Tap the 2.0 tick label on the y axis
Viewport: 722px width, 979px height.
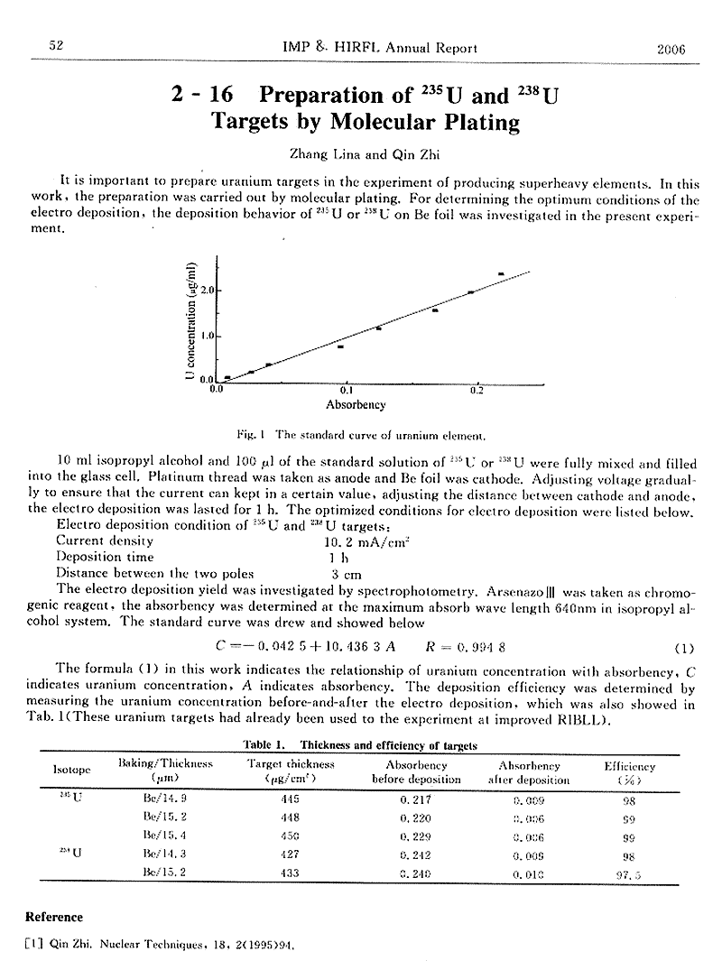(206, 291)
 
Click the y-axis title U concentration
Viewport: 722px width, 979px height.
(191, 320)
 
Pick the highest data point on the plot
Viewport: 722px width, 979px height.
(501, 273)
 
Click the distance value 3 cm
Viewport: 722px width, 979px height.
(346, 573)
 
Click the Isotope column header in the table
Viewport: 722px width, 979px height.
(72, 771)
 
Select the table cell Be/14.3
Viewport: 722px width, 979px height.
(163, 854)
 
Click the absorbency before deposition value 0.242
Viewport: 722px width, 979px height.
(416, 854)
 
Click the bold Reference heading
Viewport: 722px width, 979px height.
(54, 917)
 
